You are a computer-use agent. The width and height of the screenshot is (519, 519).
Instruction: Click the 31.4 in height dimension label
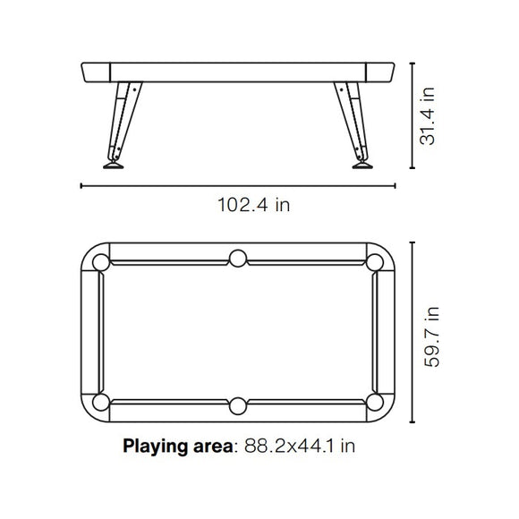point(427,115)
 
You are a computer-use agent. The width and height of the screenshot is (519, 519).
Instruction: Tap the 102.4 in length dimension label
point(253,205)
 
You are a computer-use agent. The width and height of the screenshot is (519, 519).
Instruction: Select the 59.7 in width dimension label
point(431,337)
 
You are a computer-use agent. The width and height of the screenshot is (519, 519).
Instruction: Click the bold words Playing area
point(178,447)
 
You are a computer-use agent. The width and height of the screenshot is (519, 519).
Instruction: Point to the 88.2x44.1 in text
point(300,446)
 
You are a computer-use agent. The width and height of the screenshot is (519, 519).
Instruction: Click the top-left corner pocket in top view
point(101,262)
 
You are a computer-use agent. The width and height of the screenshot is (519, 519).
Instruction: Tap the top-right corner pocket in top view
point(375,262)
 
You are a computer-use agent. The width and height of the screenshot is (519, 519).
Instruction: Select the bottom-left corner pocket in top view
point(101,402)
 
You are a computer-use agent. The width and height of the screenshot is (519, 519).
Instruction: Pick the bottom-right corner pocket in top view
point(375,402)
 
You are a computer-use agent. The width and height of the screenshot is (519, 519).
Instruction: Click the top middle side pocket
point(238,259)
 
